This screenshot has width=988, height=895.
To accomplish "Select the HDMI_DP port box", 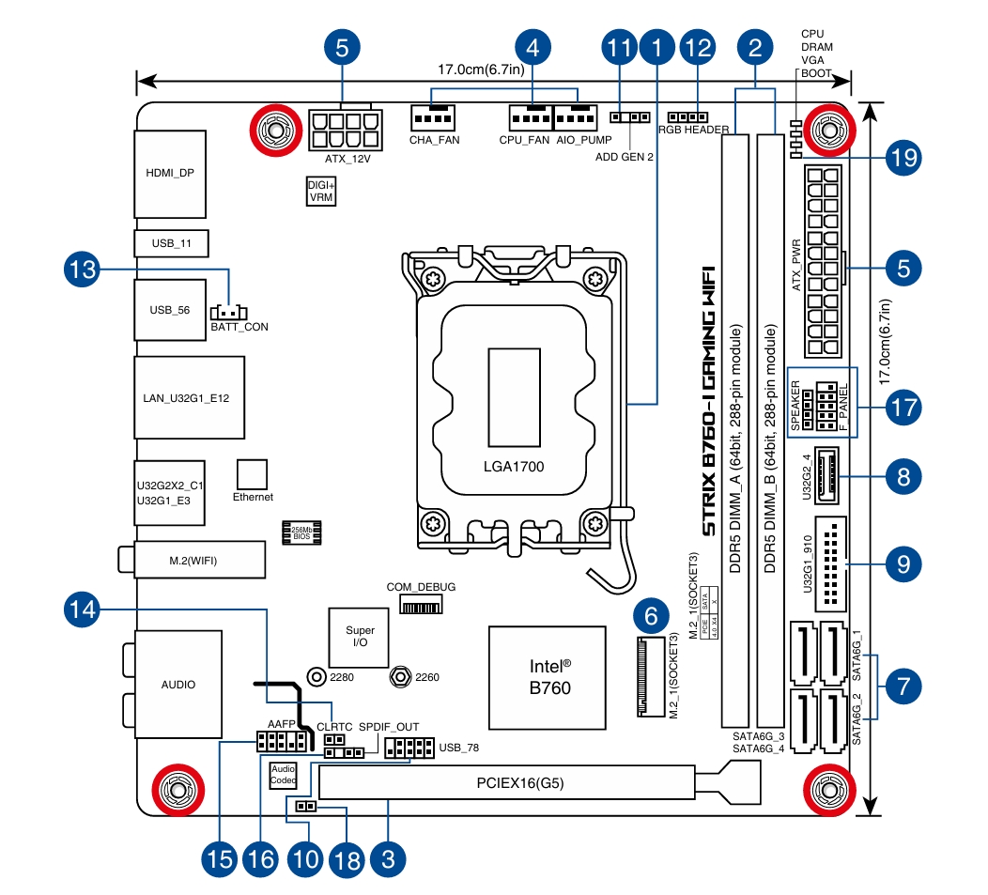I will [170, 173].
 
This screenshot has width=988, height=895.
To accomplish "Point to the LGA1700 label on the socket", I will [515, 466].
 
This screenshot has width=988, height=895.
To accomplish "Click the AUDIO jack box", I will [178, 684].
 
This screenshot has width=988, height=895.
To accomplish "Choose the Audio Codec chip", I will [283, 774].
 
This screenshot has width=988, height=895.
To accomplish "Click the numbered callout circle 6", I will [651, 617].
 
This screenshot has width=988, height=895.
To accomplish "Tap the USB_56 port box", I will [170, 309].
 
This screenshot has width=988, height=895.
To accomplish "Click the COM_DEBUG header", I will [421, 606].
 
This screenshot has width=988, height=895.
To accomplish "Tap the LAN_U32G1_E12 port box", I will [189, 397].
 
